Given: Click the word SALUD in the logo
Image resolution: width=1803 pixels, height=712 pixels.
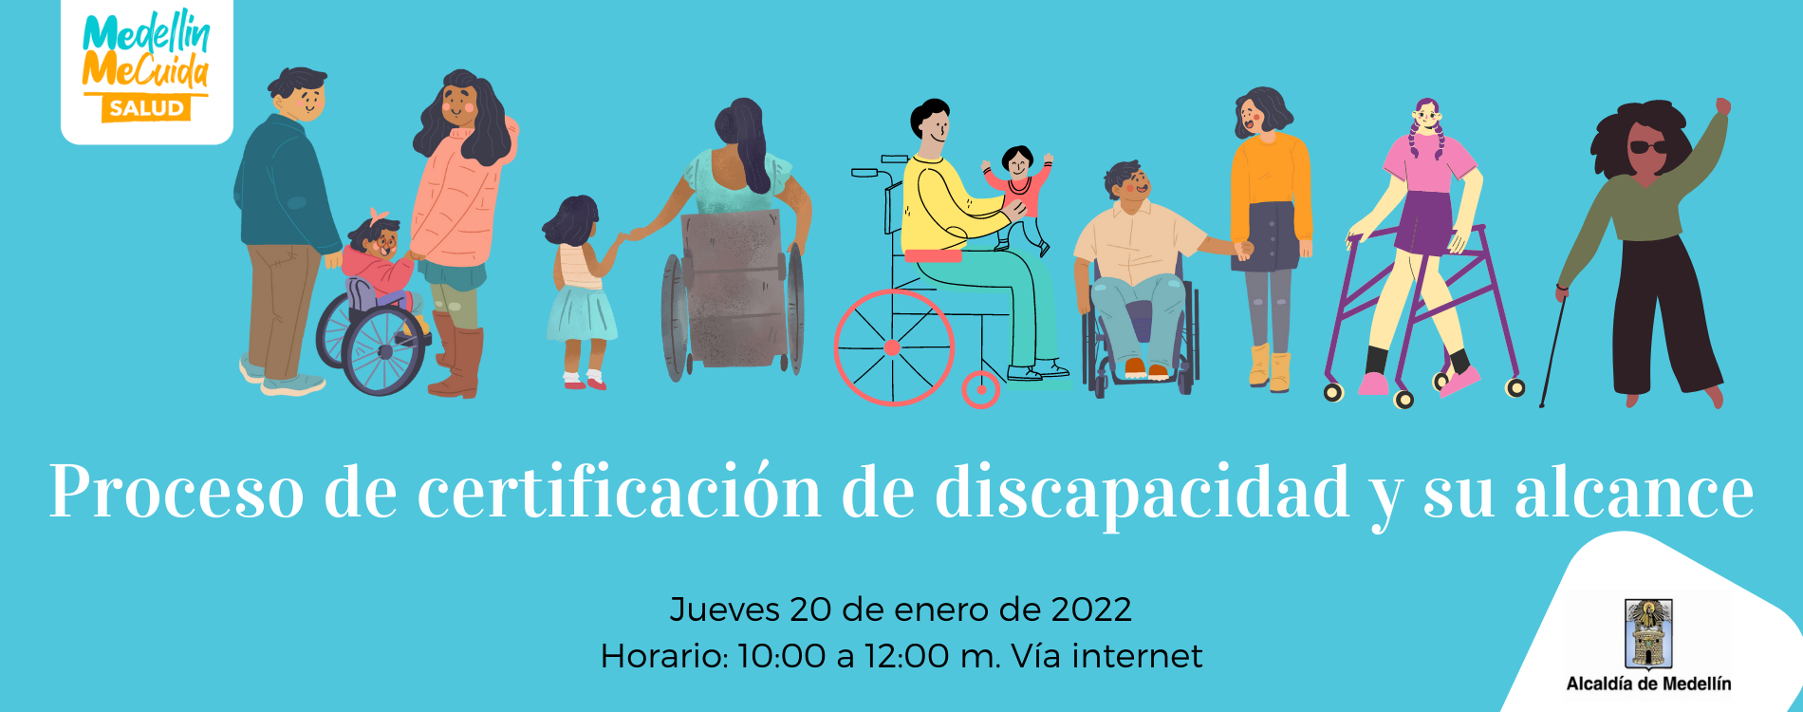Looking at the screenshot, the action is click(x=145, y=108).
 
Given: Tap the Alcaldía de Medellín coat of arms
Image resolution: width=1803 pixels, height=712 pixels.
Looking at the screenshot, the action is click(x=1648, y=633).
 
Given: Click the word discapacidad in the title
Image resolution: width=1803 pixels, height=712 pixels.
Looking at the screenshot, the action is click(x=1143, y=493).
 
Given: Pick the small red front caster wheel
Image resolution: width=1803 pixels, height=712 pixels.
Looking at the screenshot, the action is click(x=980, y=388).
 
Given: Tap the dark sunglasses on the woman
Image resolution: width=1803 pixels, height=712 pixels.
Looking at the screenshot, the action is click(x=1648, y=147).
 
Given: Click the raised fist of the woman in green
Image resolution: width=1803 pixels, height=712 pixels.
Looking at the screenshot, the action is click(x=1722, y=106).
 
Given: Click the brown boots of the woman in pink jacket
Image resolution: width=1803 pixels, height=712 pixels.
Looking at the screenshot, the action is click(x=457, y=357).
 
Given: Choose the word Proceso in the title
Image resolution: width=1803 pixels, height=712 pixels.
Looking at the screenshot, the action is click(x=177, y=493).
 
